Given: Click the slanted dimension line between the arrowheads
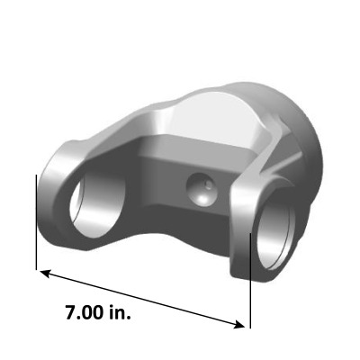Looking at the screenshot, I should coord(144,299).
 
